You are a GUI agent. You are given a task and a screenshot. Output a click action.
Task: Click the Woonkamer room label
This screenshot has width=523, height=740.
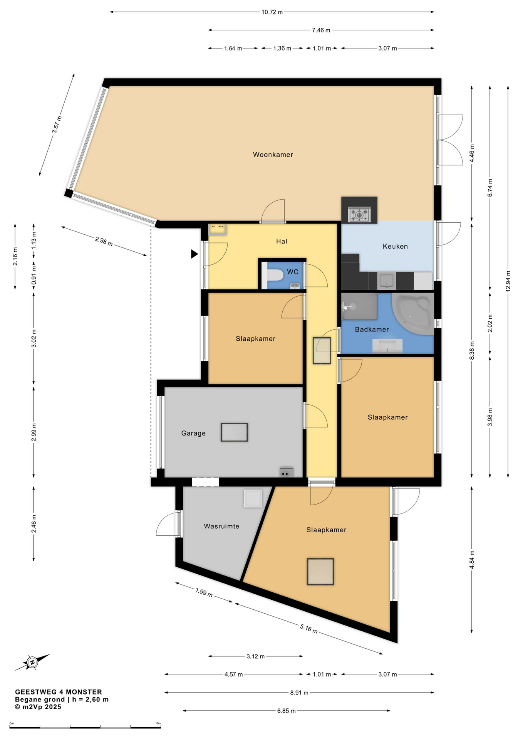click(273, 155)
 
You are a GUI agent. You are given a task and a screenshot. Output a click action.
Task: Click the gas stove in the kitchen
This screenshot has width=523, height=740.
click(359, 214)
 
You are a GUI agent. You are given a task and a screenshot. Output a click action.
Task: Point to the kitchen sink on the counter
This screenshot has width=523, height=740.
click(386, 281)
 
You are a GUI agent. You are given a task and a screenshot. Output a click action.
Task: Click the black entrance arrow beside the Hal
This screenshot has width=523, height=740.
click(194, 254)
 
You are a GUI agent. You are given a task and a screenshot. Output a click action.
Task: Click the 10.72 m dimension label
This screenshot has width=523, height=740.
click(272, 12)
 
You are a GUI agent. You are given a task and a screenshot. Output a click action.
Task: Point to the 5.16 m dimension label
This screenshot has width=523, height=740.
click(309, 629)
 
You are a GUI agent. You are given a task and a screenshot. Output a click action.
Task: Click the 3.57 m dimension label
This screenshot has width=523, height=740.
click(57, 124)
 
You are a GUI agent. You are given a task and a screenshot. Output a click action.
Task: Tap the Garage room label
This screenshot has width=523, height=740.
click(193, 433)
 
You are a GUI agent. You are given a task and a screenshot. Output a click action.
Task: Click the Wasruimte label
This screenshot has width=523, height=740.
click(221, 526)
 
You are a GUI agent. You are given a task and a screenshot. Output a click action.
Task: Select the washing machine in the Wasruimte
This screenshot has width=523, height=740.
click(253, 498)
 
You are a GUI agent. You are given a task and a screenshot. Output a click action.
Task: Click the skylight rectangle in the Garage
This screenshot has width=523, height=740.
click(234, 432)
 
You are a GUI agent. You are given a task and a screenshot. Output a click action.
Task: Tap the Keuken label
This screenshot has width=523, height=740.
click(395, 246)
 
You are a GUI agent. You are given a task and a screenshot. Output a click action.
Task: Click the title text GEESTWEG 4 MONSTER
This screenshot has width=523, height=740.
click(59, 692)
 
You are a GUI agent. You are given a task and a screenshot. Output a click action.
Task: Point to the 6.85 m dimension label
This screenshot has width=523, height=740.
click(286, 711)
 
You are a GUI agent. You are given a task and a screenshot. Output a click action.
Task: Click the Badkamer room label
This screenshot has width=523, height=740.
click(372, 330)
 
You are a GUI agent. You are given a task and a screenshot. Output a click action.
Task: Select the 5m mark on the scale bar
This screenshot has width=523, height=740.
click(158, 723)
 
